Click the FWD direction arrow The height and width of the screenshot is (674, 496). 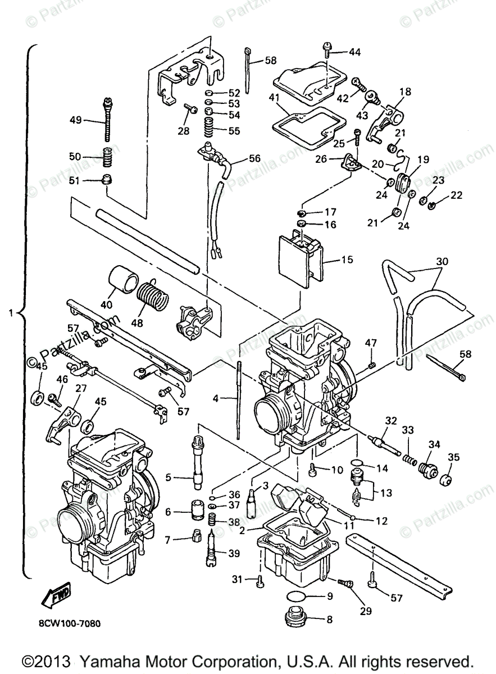(x=56, y=594)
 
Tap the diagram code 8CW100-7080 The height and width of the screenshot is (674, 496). (x=70, y=623)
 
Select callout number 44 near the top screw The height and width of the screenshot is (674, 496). (x=355, y=52)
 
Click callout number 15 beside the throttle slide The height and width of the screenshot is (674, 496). (x=347, y=259)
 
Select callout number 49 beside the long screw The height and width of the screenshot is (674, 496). (x=75, y=120)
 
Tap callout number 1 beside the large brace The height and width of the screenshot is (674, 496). (x=11, y=313)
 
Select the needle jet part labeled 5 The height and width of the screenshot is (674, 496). (x=198, y=461)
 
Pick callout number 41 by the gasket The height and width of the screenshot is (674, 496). (x=274, y=98)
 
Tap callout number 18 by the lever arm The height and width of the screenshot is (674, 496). (x=406, y=92)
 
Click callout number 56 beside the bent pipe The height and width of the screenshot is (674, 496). (x=254, y=158)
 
